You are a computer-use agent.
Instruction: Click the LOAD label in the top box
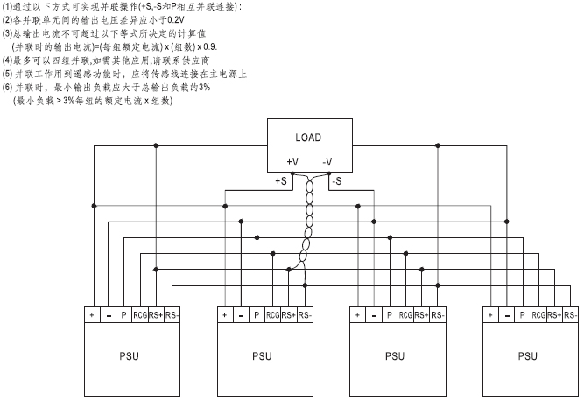(307, 138)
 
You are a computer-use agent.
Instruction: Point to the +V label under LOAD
(292, 161)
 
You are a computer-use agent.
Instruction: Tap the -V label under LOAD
(327, 161)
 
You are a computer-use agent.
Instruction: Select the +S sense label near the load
(282, 180)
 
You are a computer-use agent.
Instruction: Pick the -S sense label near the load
(338, 180)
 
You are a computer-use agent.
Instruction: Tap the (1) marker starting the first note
(7, 7)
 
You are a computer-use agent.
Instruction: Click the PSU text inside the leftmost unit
(128, 356)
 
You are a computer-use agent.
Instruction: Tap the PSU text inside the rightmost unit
(527, 356)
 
